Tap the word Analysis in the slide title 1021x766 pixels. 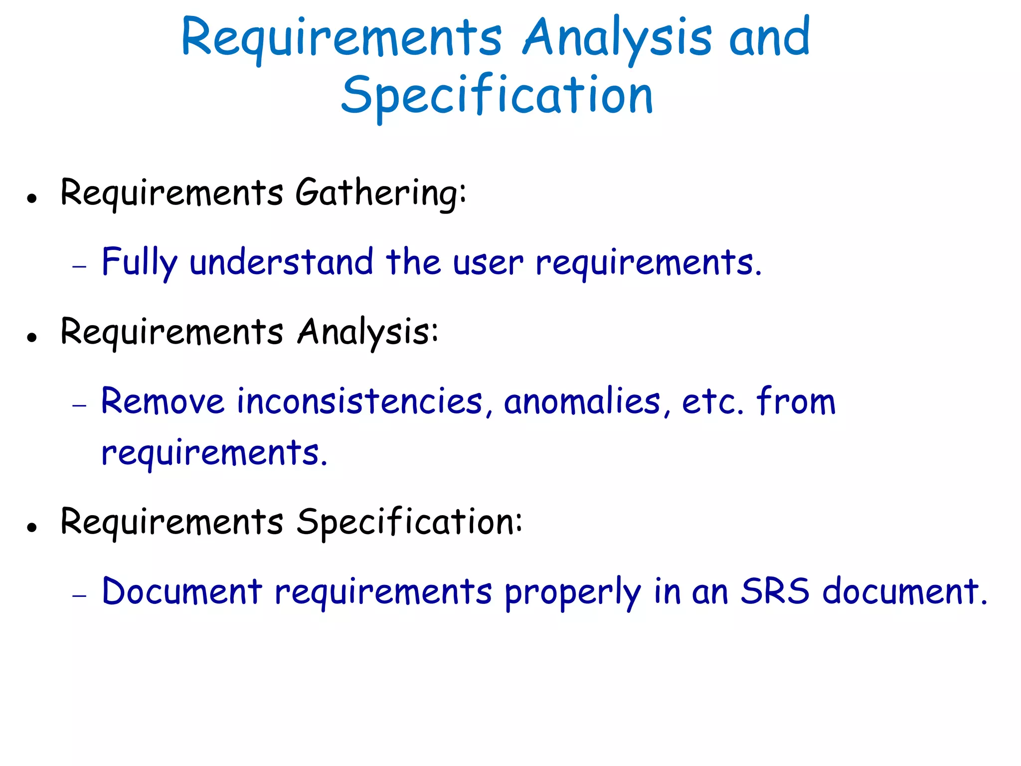[617, 38]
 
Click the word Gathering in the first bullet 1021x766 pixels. [381, 193]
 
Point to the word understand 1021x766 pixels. [281, 262]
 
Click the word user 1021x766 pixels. [488, 263]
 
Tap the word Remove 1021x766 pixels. [163, 401]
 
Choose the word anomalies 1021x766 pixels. [582, 401]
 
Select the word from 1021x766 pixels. [796, 401]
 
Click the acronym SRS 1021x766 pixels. [775, 592]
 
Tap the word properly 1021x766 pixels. [572, 593]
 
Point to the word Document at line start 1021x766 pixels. [182, 592]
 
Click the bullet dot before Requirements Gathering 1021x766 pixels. [32, 198]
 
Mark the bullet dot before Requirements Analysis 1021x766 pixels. [32, 338]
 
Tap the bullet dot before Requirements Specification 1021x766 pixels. [32, 527]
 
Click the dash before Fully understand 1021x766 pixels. [79, 267]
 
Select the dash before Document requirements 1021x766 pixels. [79, 595]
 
